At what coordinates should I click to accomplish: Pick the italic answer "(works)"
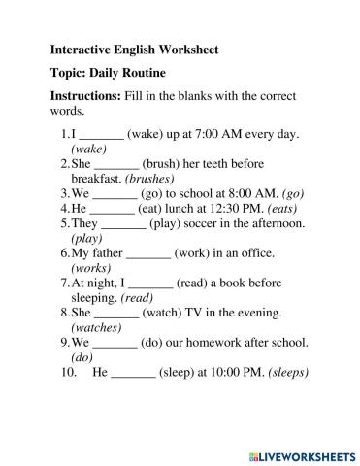[x=91, y=267]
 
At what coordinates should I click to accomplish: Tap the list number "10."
[x=68, y=372]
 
